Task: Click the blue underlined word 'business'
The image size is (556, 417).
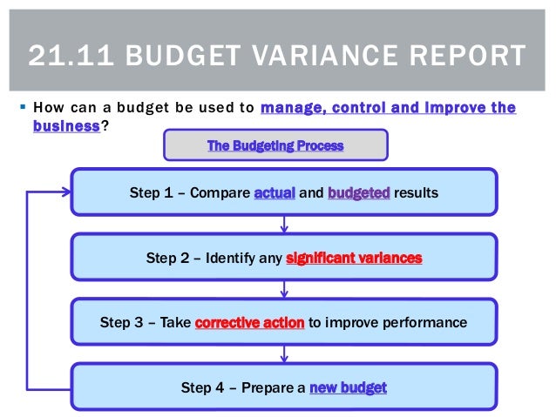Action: point(66,125)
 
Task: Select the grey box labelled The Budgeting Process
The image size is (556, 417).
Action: point(275,145)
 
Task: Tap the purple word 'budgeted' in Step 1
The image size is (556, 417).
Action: point(358,192)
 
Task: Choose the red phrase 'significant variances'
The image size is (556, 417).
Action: point(353,258)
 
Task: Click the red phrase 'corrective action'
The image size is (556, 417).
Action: point(249,322)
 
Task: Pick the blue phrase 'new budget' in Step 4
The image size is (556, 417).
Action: point(348,387)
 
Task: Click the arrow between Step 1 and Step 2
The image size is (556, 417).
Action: point(284,225)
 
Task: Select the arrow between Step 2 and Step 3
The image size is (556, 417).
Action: point(284,291)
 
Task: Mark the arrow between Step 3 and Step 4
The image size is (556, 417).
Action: point(284,354)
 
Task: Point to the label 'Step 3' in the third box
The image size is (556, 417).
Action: point(119,322)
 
